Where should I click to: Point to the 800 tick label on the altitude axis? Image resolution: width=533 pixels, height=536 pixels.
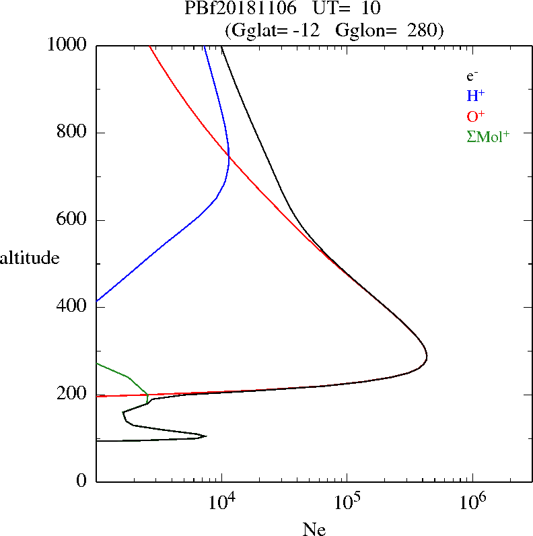pyautogui.click(x=73, y=133)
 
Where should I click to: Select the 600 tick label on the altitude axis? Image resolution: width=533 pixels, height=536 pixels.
pyautogui.click(x=73, y=220)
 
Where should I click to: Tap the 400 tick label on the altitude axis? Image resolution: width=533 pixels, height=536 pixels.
pyautogui.click(x=73, y=307)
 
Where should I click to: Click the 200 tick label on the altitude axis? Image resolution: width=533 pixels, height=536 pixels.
pyautogui.click(x=73, y=395)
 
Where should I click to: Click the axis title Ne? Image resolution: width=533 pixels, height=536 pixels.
pyautogui.click(x=314, y=529)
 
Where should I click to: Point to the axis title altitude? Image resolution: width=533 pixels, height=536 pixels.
pyautogui.click(x=30, y=258)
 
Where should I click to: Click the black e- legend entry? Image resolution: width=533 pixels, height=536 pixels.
pyautogui.click(x=472, y=76)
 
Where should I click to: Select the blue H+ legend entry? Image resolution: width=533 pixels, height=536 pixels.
pyautogui.click(x=476, y=96)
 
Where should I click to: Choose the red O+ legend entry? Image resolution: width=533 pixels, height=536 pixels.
pyautogui.click(x=476, y=116)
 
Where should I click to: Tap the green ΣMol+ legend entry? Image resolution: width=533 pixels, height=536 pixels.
pyautogui.click(x=488, y=137)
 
